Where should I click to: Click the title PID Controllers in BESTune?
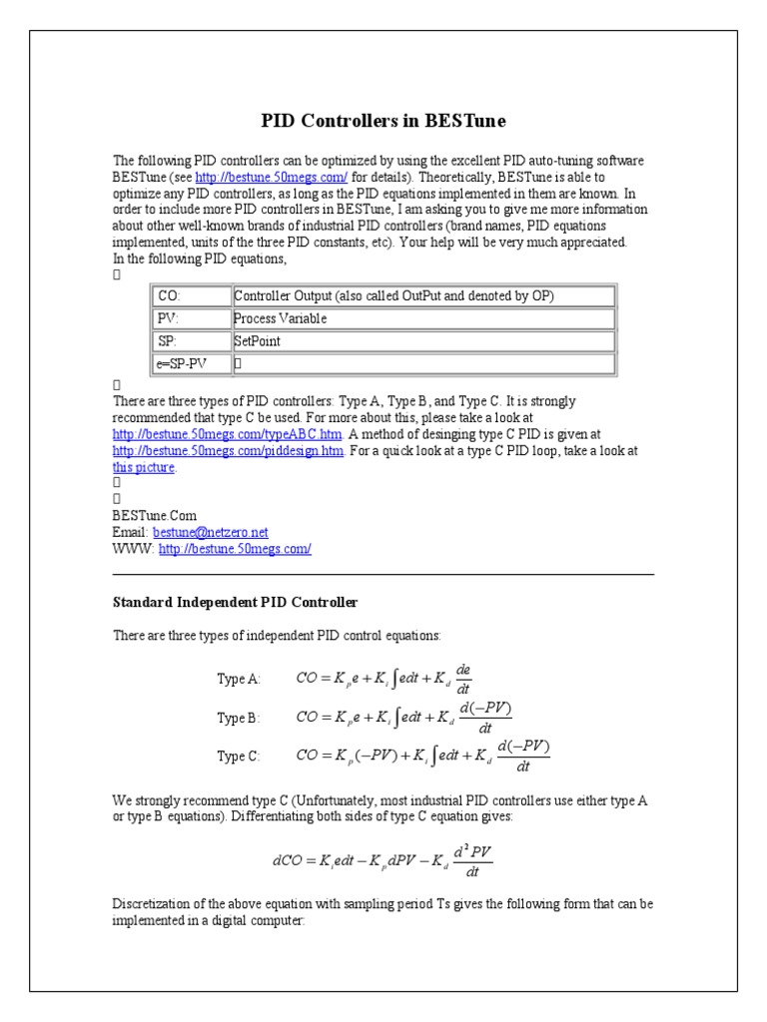coord(383,121)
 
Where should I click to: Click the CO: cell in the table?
coord(190,296)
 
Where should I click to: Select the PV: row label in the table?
coord(190,319)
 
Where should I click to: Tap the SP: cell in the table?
coord(190,341)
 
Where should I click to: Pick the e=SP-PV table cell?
coord(190,364)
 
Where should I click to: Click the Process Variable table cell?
coord(422,319)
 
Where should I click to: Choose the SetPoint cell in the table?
coord(422,341)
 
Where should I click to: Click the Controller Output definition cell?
coord(422,296)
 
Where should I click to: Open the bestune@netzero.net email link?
coord(210,533)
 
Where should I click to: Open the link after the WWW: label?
coord(235,549)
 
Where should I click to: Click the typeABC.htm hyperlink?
coord(228,435)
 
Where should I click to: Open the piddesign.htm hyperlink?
coord(229,451)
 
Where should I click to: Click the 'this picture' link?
coord(144,467)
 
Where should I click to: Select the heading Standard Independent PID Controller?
coord(235,603)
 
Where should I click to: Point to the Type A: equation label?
coord(239,679)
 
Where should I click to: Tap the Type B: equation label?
coord(239,718)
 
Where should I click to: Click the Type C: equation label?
coord(239,757)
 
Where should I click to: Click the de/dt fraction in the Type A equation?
coord(462,678)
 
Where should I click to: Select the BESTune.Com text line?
coord(149,516)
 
